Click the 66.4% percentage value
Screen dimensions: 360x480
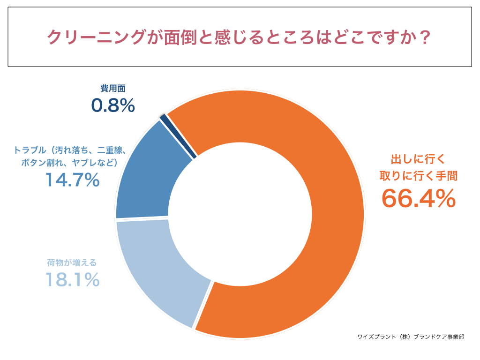click(x=418, y=198)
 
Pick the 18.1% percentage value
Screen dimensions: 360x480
click(x=72, y=280)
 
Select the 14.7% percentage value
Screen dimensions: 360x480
click(x=72, y=180)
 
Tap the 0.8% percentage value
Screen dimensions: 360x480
click(x=113, y=106)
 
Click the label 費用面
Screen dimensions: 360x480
click(x=113, y=89)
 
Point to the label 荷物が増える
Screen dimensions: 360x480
click(x=72, y=262)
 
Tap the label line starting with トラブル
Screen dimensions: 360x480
click(x=69, y=150)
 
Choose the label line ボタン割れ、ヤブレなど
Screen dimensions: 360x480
click(x=69, y=163)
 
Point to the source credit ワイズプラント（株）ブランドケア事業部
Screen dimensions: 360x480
click(x=411, y=337)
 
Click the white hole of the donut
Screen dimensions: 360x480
click(x=240, y=214)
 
